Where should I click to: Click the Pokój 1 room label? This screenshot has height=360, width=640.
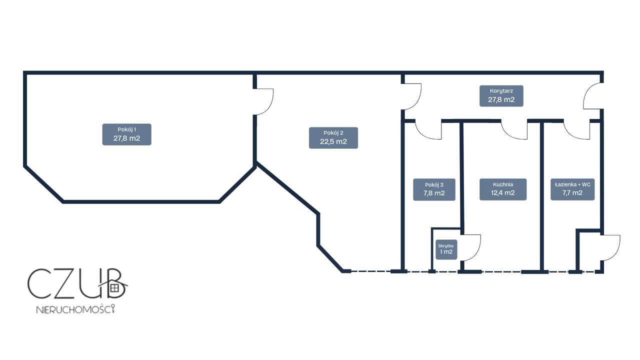[127, 134]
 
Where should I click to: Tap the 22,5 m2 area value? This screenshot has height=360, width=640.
[333, 141]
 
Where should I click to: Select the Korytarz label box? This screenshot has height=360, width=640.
[501, 95]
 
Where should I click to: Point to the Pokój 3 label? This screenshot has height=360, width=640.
[434, 189]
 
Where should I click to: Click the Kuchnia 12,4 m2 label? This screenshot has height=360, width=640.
[503, 189]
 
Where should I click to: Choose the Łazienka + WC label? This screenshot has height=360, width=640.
[572, 189]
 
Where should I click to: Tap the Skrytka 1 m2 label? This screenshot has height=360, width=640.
[446, 249]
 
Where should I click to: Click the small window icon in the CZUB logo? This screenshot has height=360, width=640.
[114, 287]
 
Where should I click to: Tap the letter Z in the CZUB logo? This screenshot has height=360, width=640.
[67, 283]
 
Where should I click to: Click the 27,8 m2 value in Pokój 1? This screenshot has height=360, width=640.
[127, 138]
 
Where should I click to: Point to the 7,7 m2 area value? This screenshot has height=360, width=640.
[572, 193]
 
